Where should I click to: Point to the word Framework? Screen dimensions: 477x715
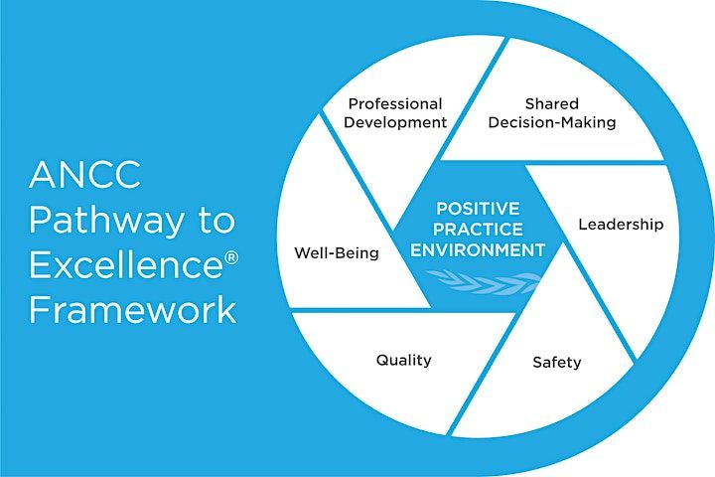[133, 309]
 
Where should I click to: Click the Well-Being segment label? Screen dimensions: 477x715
[337, 252]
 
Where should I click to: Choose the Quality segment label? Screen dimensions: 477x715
[403, 360]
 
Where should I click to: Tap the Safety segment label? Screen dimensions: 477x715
[557, 362]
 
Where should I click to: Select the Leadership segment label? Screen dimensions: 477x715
[621, 225]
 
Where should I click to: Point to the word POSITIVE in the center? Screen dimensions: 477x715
[477, 210]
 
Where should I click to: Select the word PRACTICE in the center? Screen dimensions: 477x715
[477, 229]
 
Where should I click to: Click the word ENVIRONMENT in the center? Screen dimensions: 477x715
[478, 248]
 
